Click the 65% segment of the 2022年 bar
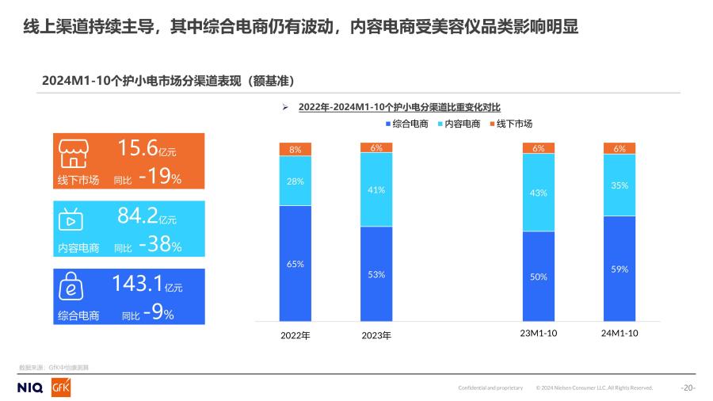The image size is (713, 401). (x=295, y=263)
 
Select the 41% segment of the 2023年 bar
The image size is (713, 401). (x=376, y=189)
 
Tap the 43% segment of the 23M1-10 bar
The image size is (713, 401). (x=539, y=193)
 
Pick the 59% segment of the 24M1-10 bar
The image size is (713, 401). (x=620, y=269)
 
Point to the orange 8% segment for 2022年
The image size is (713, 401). (x=295, y=149)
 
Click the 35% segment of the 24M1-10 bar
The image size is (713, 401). (x=620, y=185)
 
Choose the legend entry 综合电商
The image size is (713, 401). (x=406, y=124)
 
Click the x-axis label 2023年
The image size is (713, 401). (x=376, y=335)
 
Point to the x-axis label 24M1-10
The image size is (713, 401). (x=620, y=334)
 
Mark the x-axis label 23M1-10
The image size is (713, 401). (x=539, y=334)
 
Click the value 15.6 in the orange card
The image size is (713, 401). (x=137, y=147)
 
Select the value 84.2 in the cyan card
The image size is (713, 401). (x=137, y=215)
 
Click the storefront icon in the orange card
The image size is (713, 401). (x=74, y=152)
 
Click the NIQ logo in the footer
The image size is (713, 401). (x=30, y=388)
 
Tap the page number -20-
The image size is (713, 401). (x=688, y=388)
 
